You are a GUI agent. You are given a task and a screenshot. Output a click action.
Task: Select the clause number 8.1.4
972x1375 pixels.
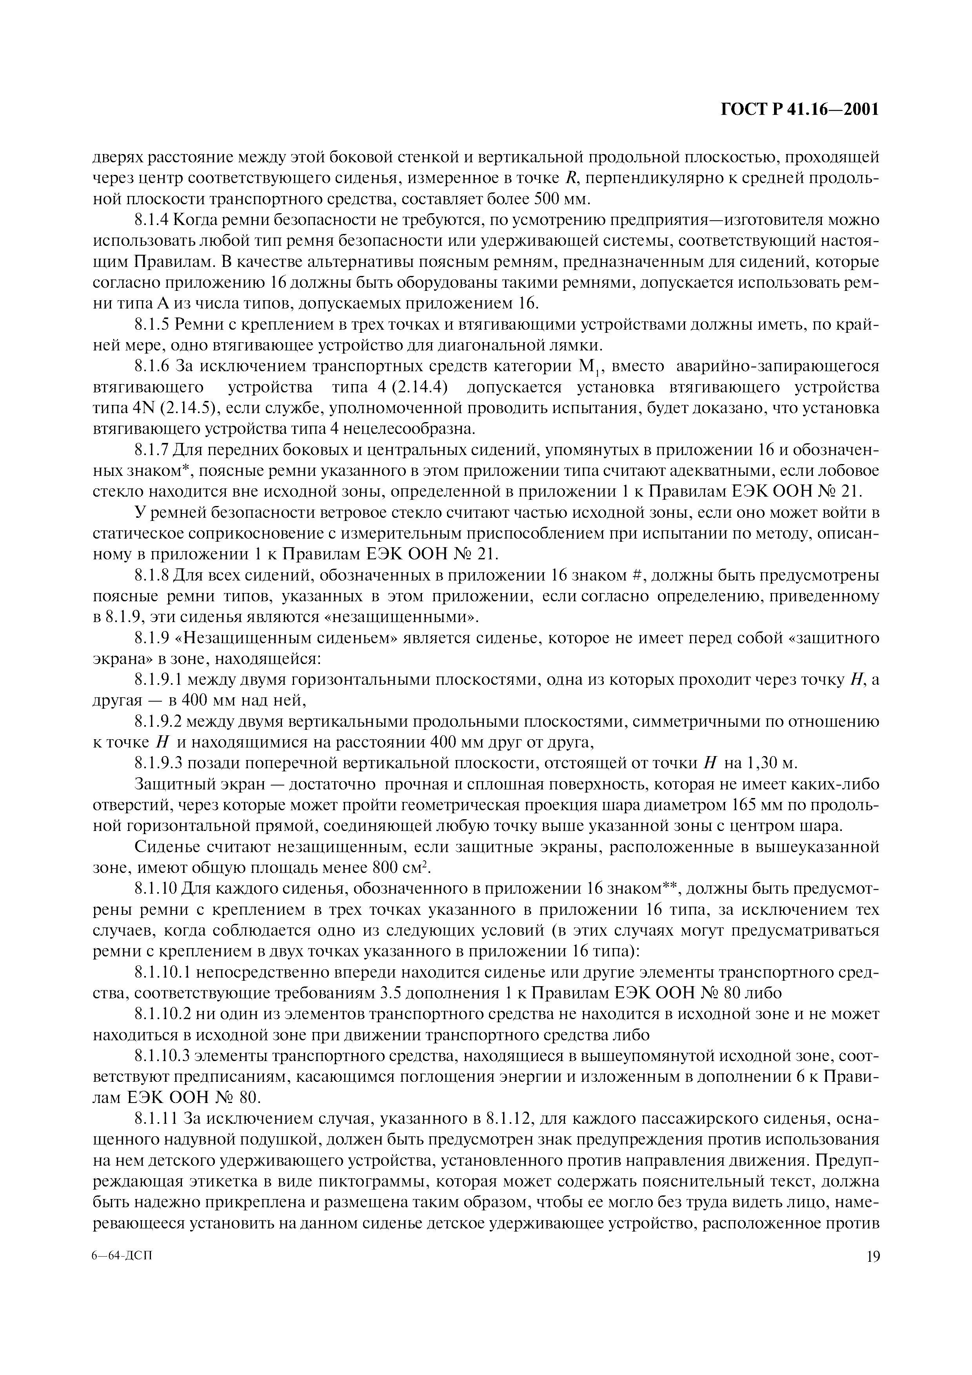tap(151, 220)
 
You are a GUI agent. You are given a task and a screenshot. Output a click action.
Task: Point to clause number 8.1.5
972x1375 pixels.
tap(151, 325)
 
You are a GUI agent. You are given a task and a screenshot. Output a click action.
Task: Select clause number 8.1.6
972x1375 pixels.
tap(151, 366)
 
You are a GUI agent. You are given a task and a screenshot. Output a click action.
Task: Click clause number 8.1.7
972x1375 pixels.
tap(151, 450)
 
